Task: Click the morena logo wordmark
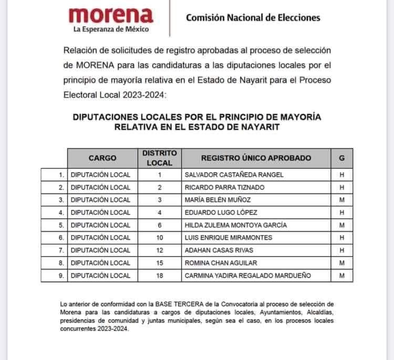111,15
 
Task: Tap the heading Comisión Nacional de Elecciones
253,17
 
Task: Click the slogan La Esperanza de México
111,29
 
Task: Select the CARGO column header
102,158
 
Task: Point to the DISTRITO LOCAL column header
160,158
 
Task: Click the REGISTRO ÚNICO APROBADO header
256,158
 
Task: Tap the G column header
342,158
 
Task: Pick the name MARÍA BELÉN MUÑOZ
217,200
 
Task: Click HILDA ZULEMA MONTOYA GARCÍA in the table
236,225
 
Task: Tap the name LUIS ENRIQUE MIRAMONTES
227,238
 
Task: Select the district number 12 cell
160,250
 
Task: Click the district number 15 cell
160,263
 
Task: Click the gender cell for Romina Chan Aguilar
342,263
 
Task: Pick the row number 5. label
61,225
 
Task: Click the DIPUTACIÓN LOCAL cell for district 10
100,238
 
